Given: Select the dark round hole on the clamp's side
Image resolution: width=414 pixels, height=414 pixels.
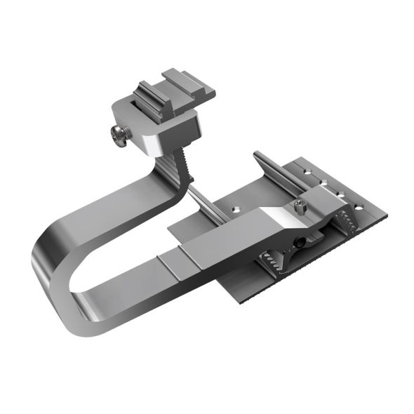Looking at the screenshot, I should pos(300,242).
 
